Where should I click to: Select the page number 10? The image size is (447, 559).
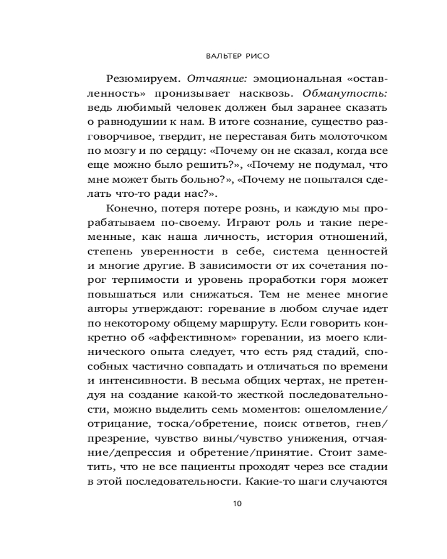coord(237,503)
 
